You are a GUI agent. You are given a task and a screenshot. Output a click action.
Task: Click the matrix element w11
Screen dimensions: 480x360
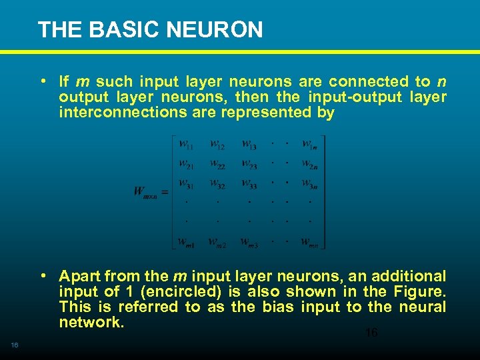pos(186,144)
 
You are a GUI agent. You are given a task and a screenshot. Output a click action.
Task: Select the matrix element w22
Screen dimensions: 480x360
pos(218,164)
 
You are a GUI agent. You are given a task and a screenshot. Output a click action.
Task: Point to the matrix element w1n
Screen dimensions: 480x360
pos(309,144)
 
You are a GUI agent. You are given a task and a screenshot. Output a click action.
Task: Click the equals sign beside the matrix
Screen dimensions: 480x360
pos(164,192)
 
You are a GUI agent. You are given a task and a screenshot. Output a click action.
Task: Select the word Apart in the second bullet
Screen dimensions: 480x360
pos(79,276)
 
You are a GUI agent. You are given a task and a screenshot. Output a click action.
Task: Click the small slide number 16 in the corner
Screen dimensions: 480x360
pos(14,344)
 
